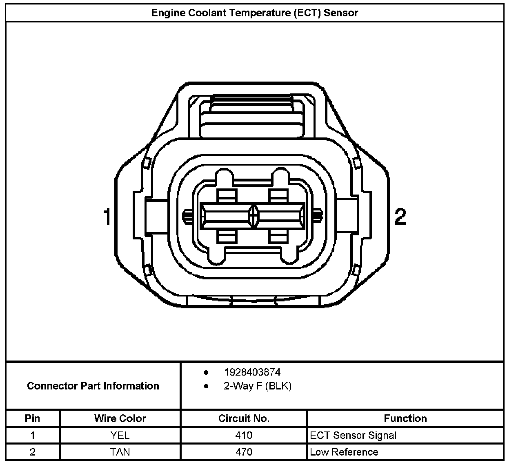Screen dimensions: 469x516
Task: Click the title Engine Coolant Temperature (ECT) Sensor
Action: click(x=254, y=13)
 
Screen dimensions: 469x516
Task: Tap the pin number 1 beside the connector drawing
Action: click(x=107, y=217)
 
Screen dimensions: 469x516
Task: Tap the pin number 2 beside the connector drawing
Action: click(x=400, y=217)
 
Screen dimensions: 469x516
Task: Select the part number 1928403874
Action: click(x=252, y=372)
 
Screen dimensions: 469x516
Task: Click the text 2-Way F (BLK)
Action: click(x=257, y=386)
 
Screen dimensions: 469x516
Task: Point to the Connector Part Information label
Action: click(x=93, y=386)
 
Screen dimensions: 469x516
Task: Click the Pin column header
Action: click(x=33, y=418)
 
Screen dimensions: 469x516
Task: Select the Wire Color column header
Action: click(x=120, y=418)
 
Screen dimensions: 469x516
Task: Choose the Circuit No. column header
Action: click(x=244, y=418)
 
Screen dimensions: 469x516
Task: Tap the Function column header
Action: click(x=405, y=418)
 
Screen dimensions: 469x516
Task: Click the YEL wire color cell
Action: click(x=120, y=435)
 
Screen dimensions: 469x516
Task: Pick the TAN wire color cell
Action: click(x=120, y=452)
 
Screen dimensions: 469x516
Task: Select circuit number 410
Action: click(x=244, y=435)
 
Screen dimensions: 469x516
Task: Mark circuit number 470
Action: click(x=244, y=452)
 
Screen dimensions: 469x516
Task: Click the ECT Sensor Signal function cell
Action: click(x=353, y=435)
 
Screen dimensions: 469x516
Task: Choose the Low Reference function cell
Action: click(x=344, y=452)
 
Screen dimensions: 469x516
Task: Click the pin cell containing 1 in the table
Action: click(x=33, y=435)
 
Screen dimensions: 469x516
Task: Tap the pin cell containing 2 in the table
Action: click(x=33, y=452)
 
